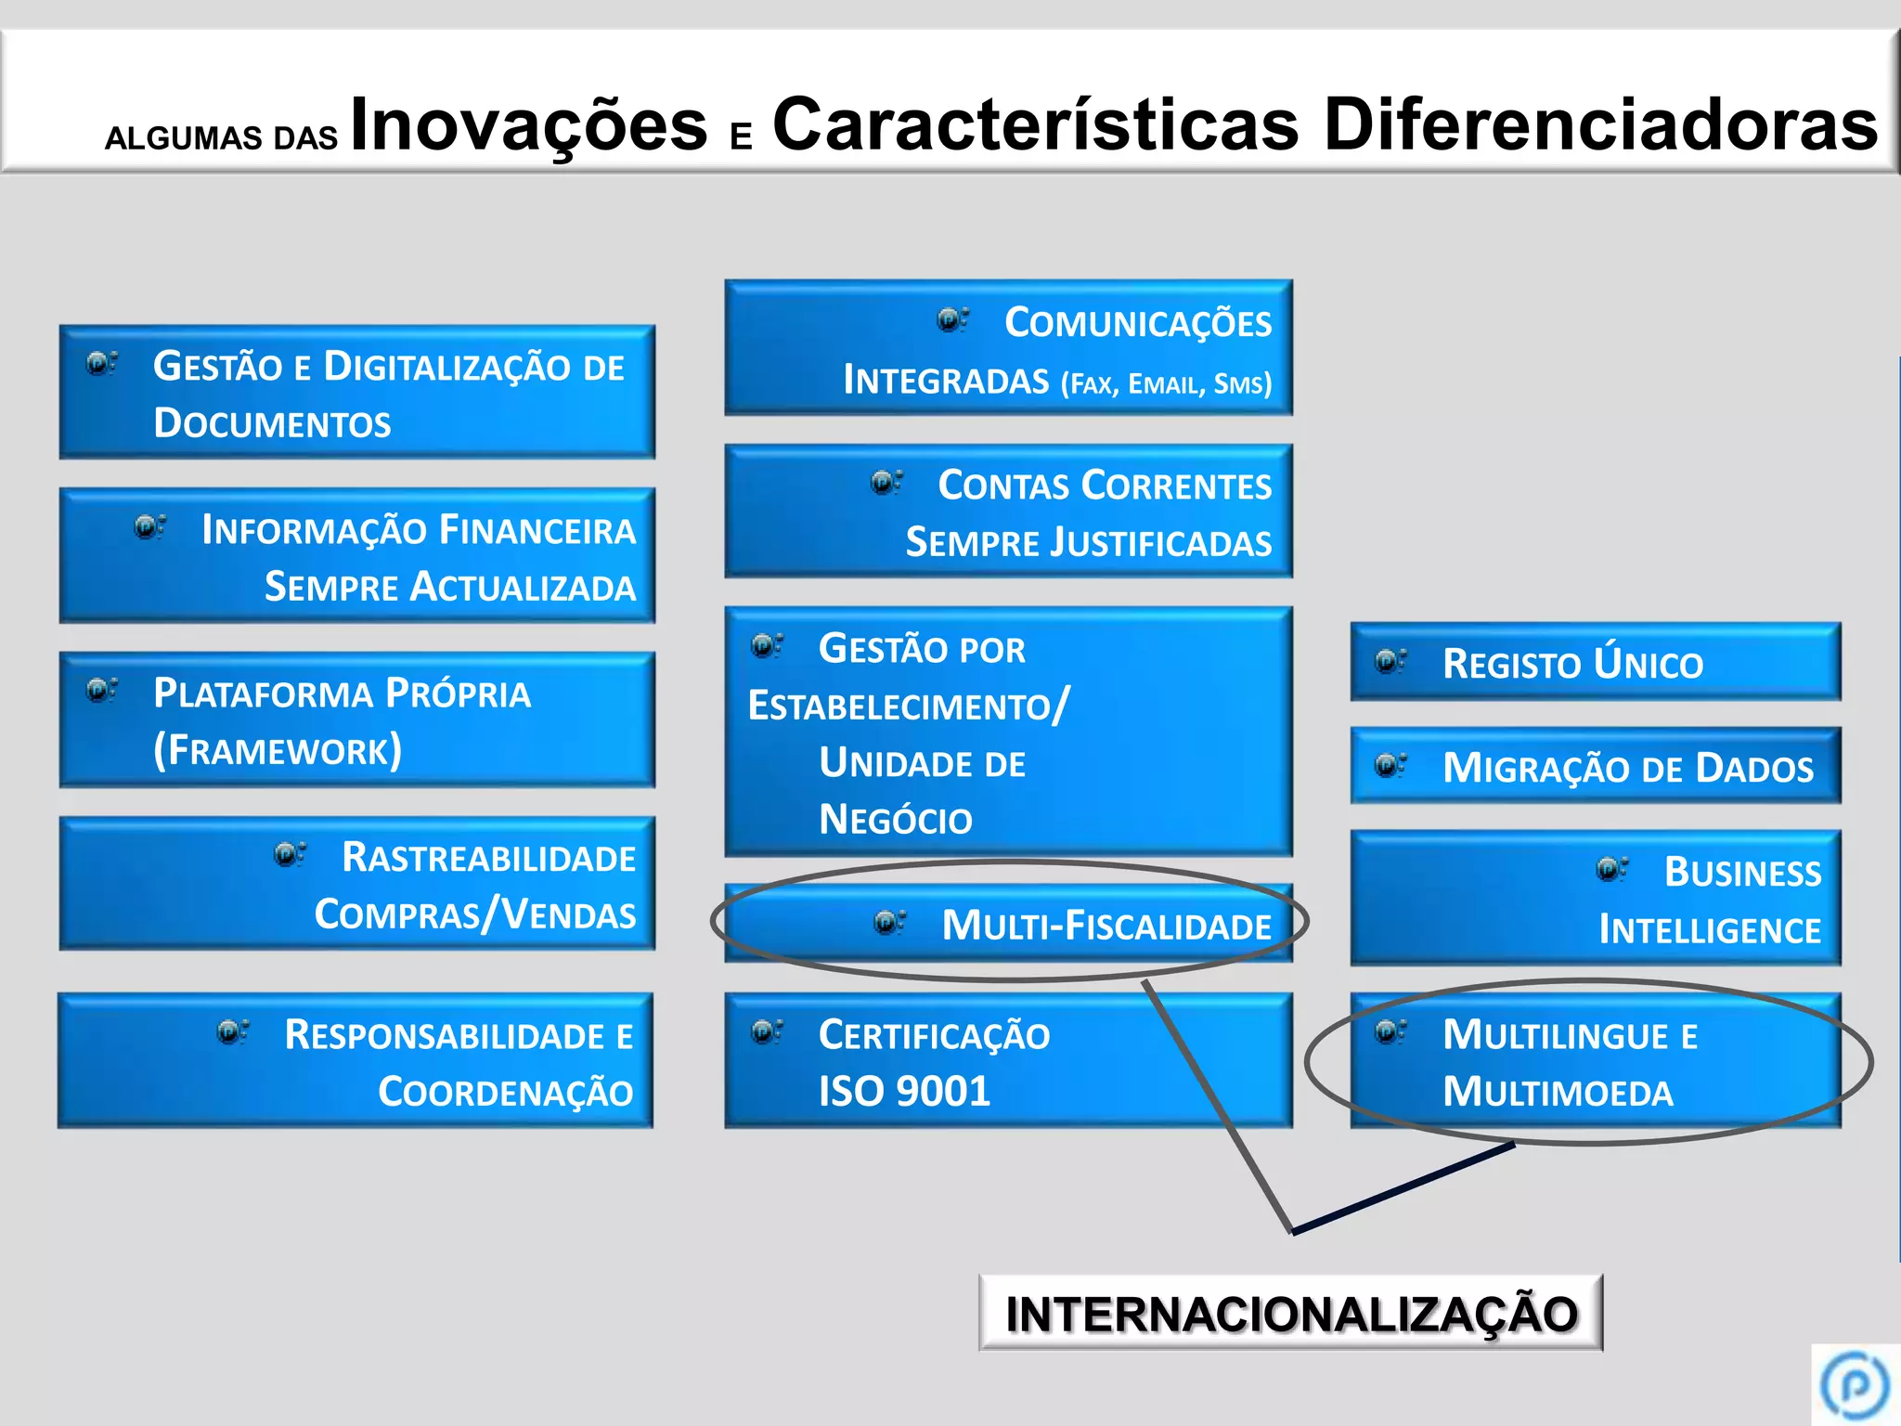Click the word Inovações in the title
tap(529, 125)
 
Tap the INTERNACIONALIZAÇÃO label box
tap(1290, 1314)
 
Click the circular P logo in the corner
tap(1855, 1385)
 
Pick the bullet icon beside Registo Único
tap(1390, 661)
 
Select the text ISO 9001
tap(904, 1092)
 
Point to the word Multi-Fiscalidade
tap(1106, 926)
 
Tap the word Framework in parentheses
tap(278, 750)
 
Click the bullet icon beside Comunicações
tap(951, 320)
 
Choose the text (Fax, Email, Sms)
tap(1166, 383)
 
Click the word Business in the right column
tap(1742, 873)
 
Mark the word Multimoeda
tap(1558, 1093)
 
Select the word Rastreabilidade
tap(488, 858)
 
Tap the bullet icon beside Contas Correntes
tap(886, 483)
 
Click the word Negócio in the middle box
tap(895, 820)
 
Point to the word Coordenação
tap(505, 1093)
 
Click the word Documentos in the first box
tap(272, 423)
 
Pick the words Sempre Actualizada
tap(450, 587)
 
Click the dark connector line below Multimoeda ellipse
tap(1402, 1189)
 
